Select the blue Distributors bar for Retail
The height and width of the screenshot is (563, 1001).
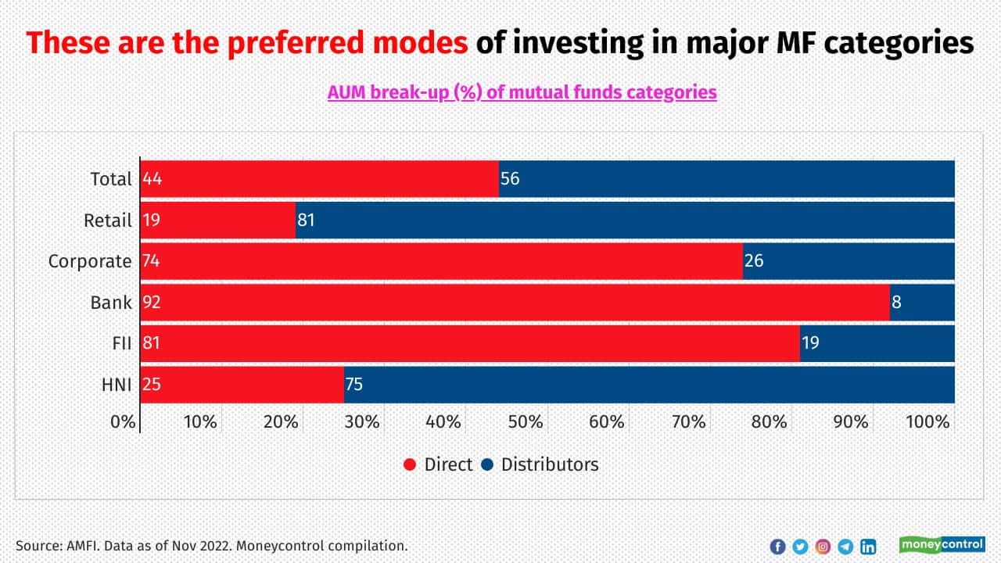coord(625,220)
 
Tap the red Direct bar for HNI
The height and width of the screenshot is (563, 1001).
coord(242,384)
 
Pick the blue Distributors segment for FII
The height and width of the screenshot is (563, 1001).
coord(877,342)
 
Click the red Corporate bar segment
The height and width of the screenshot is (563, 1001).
coord(441,261)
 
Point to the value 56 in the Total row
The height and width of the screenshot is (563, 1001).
coord(510,179)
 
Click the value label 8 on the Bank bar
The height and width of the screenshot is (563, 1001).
coord(896,302)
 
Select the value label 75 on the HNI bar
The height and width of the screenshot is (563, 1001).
coord(353,384)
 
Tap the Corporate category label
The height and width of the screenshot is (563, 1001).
coord(90,261)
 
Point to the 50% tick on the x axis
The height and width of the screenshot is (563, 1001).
coord(525,421)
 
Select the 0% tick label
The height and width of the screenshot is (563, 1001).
coord(124,421)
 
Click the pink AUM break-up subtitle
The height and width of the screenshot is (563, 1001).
coord(522,92)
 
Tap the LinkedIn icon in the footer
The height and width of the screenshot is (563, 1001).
coord(868,547)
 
